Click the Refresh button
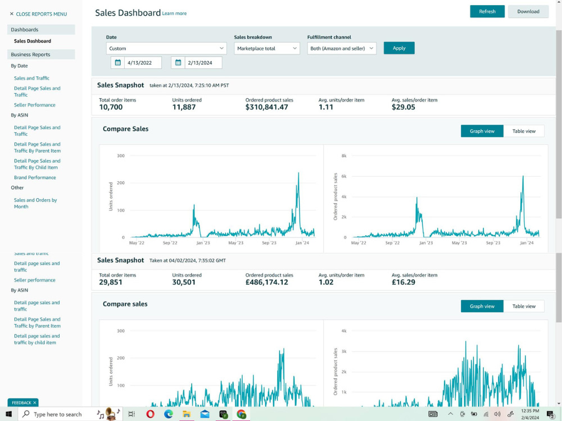(x=487, y=11)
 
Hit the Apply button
(x=399, y=48)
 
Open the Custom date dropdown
(x=166, y=48)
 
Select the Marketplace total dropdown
(x=267, y=48)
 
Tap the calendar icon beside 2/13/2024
(x=178, y=63)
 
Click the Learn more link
(x=174, y=13)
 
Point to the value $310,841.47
(x=266, y=107)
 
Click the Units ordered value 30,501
(x=184, y=282)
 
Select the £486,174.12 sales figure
(x=266, y=282)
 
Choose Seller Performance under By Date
(x=35, y=105)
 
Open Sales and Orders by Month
(x=35, y=203)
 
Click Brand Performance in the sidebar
(x=35, y=177)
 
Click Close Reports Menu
(x=38, y=14)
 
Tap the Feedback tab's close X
(x=35, y=402)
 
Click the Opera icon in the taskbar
(x=150, y=414)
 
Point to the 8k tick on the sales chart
(x=344, y=155)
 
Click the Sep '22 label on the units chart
(x=170, y=242)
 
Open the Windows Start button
(x=8, y=414)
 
